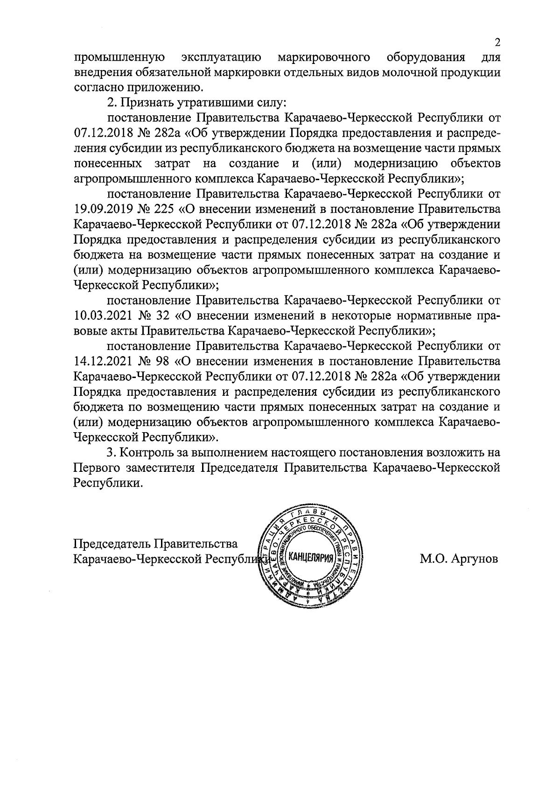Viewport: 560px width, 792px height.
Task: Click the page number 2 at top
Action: coord(497,42)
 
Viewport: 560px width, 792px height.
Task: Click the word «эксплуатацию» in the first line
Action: coord(221,58)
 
